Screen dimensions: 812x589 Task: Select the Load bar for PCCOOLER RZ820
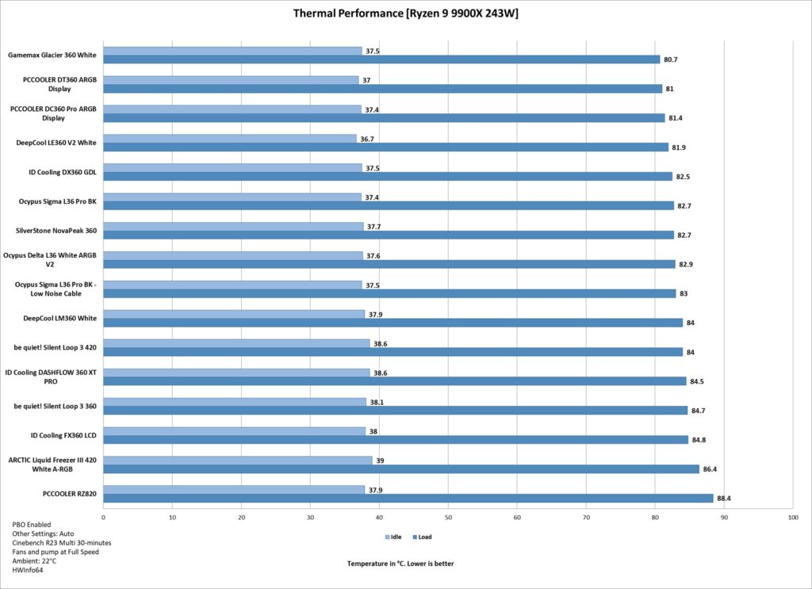[408, 498]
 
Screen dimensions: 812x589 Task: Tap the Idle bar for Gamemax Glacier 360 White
[232, 51]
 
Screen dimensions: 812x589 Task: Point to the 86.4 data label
[710, 469]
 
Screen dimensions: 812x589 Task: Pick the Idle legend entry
[393, 537]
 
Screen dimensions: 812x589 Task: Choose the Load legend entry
[422, 537]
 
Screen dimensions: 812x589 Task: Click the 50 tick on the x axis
[449, 517]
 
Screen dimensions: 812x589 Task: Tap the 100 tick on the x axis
[793, 517]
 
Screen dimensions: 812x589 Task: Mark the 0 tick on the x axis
[104, 517]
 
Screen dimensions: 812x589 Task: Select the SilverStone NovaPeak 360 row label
[56, 231]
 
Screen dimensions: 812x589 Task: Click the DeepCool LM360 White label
[59, 319]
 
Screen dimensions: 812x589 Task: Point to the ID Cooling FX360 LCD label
[63, 435]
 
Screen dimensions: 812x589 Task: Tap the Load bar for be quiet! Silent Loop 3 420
[393, 352]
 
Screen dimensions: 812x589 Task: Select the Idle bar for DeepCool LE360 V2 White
[230, 139]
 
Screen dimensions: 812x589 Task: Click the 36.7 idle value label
[367, 140]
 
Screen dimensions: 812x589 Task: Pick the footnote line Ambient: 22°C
[34, 560]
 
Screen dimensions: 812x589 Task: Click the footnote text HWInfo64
[28, 570]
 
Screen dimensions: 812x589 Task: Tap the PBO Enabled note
[32, 524]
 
